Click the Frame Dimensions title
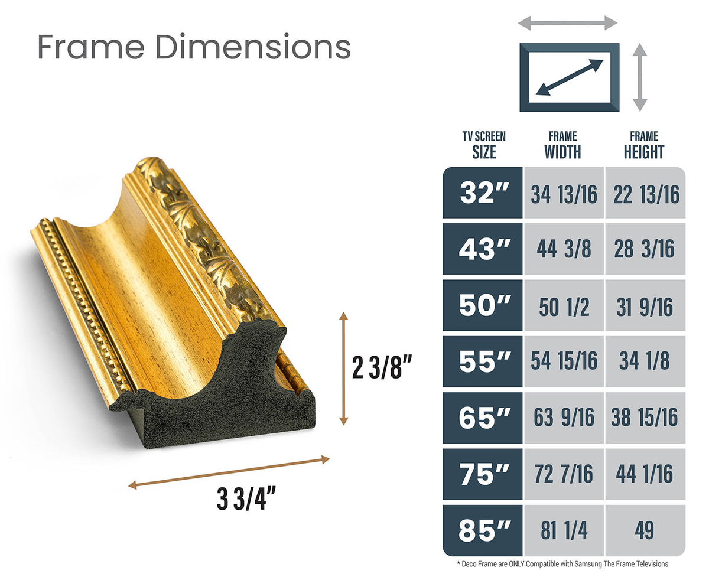(x=194, y=47)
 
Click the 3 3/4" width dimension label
(x=247, y=500)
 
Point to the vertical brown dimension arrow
(x=343, y=369)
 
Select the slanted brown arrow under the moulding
(x=229, y=472)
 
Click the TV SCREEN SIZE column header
(x=484, y=145)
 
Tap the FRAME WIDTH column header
(x=562, y=145)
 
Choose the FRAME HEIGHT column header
(x=643, y=145)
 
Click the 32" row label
(x=483, y=193)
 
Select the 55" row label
(x=483, y=361)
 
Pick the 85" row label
(x=483, y=530)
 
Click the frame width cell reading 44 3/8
(x=563, y=249)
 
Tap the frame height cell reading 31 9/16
(x=645, y=306)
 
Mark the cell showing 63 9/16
(x=563, y=418)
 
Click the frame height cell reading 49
(x=645, y=530)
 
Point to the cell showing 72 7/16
(x=563, y=474)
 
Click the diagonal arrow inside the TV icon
(x=569, y=77)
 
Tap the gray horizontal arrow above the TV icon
(x=567, y=23)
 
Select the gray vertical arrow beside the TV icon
(x=640, y=77)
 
